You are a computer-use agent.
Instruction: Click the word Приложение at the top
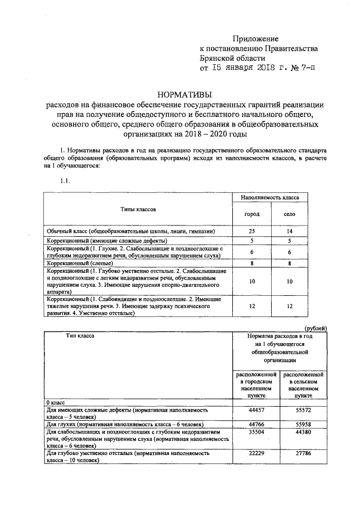pyautogui.click(x=256, y=38)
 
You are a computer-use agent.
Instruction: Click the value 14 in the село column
pyautogui.click(x=289, y=231)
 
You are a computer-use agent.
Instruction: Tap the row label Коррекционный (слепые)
pyautogui.click(x=82, y=263)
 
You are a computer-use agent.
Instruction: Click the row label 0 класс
pyautogui.click(x=56, y=403)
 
